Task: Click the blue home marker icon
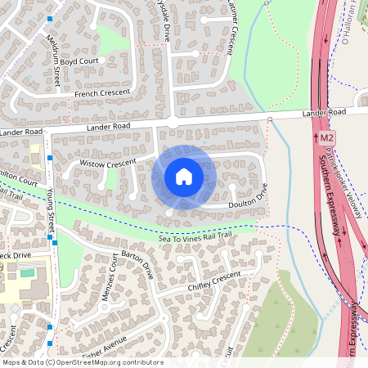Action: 184,176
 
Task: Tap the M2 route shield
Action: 327,138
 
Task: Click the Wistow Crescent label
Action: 107,164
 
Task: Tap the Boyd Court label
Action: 79,61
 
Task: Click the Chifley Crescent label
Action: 215,283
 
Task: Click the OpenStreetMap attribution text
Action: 83,361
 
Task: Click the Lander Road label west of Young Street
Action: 20,132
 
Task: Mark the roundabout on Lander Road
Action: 173,123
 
